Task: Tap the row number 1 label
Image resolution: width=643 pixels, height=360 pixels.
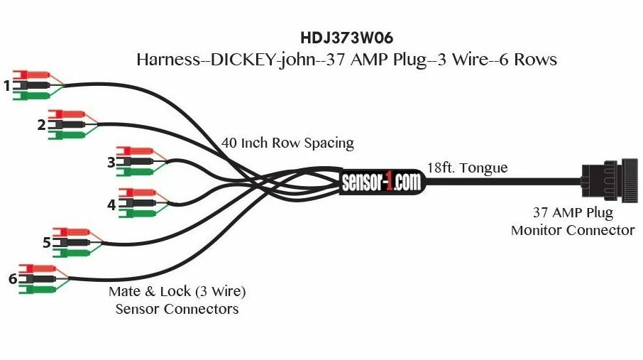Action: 7,86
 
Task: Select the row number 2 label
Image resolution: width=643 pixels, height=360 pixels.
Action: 42,125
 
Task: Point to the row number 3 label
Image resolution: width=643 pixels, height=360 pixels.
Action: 111,163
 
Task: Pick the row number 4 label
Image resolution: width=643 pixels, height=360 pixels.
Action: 111,205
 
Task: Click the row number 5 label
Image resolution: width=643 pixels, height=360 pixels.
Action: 47,243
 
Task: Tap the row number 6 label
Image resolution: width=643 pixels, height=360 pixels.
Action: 13,279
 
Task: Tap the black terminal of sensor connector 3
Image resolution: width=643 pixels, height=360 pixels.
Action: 135,162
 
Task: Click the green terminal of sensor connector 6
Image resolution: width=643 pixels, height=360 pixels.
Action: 37,289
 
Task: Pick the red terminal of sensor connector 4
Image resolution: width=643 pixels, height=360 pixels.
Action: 136,192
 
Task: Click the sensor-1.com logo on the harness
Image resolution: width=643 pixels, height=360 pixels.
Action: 380,181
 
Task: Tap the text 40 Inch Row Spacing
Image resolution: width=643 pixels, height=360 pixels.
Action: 287,143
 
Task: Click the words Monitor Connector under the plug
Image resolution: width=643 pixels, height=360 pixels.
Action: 572,230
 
